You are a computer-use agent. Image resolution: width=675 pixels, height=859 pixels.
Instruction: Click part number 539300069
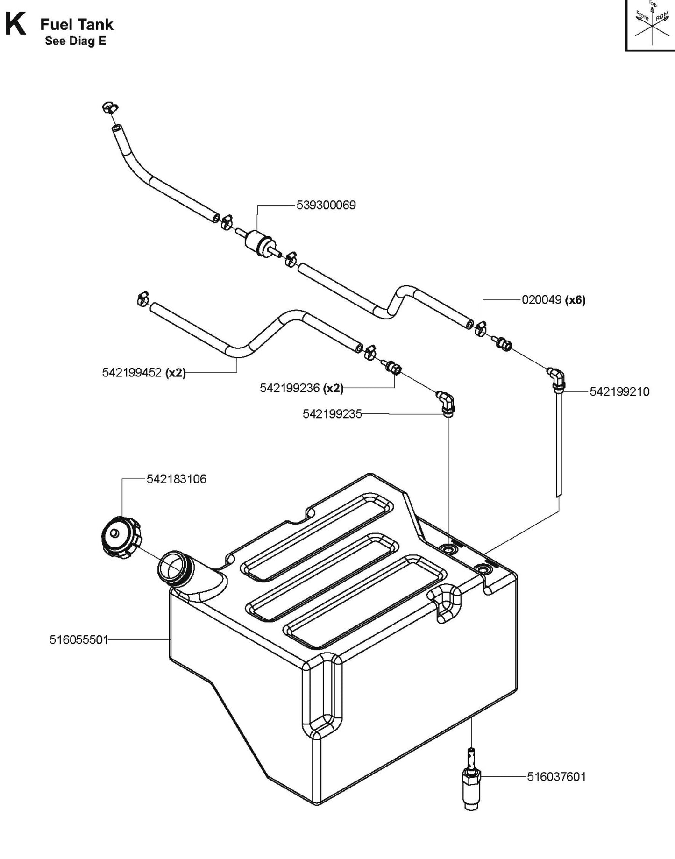326,205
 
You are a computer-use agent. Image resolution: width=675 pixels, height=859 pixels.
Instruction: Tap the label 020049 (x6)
553,299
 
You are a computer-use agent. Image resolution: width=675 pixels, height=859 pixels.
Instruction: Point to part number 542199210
619,391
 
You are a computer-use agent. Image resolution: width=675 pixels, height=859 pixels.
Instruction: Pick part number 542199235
332,414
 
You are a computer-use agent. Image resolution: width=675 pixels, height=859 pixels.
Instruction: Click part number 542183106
176,479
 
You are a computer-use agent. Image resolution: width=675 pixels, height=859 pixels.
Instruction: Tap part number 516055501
78,639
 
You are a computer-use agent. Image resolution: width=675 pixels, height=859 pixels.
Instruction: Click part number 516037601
556,776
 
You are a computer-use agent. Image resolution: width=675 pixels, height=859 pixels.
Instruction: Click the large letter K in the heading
15,24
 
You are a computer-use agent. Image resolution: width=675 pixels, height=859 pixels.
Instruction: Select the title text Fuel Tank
77,24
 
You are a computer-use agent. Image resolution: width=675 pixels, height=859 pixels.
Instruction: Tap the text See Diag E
75,41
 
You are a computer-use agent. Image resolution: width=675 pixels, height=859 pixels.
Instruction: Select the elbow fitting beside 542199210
557,378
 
